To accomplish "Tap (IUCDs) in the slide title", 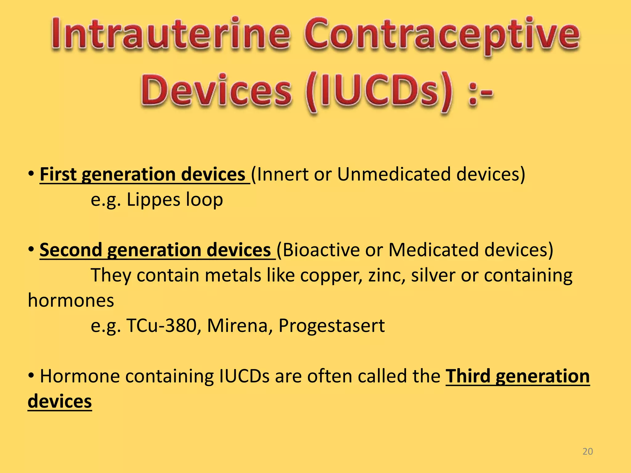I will (x=379, y=92).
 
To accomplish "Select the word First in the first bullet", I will (x=58, y=174).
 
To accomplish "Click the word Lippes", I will (x=153, y=200).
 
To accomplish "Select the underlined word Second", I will (x=71, y=250).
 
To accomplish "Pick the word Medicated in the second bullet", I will (x=433, y=250).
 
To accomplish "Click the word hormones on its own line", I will (x=71, y=301).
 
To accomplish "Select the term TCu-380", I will (x=161, y=326).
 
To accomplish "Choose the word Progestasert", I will (x=332, y=326).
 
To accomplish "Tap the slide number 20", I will (x=588, y=451).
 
